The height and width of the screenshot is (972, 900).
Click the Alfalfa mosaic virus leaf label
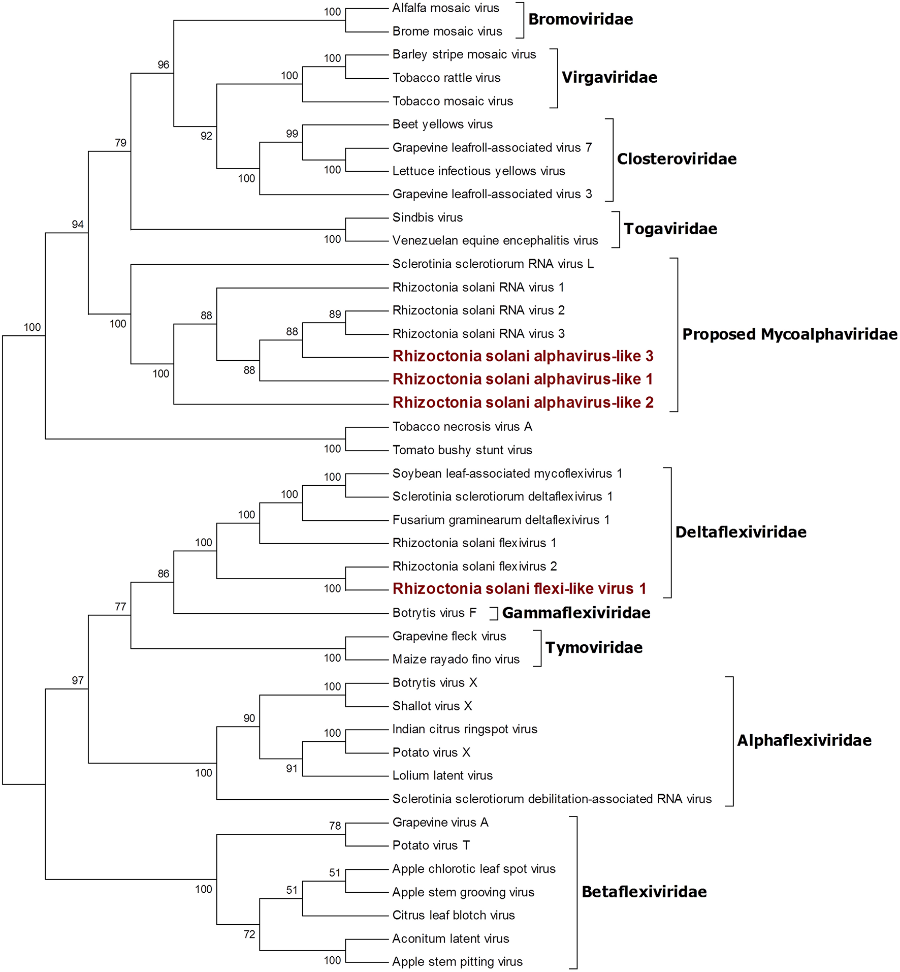click(445, 8)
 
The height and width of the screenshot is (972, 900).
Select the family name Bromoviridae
click(581, 19)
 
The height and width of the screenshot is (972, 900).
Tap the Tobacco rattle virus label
click(446, 78)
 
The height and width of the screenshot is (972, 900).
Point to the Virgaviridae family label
click(609, 77)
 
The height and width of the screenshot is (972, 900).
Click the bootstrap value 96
click(163, 65)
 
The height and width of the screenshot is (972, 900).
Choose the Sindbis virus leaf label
click(428, 217)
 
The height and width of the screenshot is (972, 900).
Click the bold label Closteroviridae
click(677, 159)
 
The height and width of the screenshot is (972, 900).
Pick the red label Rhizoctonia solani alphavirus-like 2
click(523, 402)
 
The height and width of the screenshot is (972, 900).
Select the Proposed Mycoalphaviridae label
click(790, 334)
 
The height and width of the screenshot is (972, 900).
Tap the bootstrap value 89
click(335, 314)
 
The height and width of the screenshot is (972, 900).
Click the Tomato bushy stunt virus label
click(462, 450)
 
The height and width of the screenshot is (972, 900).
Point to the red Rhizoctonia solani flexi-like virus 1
click(519, 589)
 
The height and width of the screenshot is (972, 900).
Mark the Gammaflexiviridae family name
click(576, 613)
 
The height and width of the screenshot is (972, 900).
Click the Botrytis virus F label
click(434, 613)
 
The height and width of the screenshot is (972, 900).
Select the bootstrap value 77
click(120, 607)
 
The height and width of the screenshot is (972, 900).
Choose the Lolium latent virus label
click(442, 776)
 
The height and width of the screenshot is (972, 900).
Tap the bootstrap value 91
click(292, 769)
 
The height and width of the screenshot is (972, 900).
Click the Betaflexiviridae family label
click(644, 892)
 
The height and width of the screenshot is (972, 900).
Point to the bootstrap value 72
click(249, 934)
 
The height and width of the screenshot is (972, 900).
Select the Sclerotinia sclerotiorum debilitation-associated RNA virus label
click(552, 799)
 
